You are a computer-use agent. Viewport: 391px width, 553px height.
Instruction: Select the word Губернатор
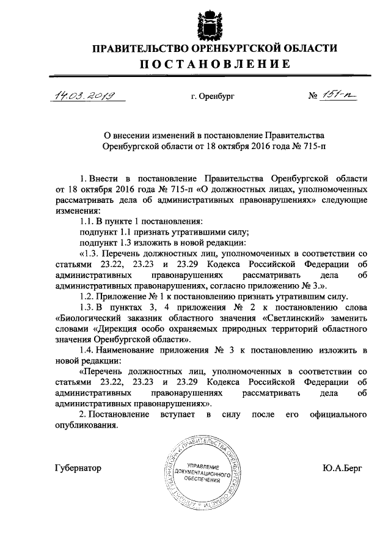(x=78, y=468)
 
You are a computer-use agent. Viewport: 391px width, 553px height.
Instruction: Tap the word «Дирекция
(x=112, y=329)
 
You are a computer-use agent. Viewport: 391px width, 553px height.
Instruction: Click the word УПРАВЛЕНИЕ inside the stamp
(x=201, y=466)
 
